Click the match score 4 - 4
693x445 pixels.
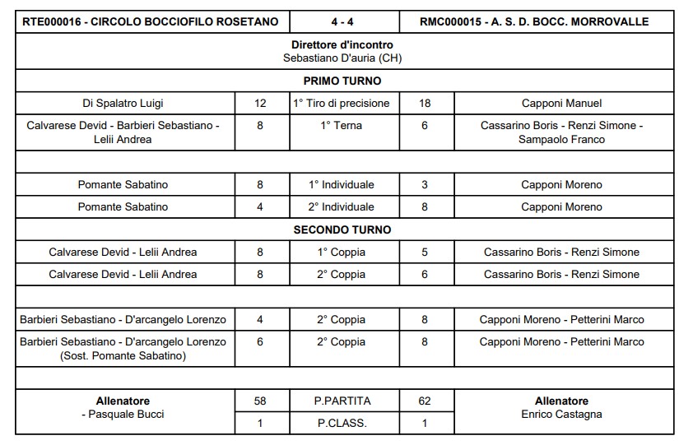point(343,21)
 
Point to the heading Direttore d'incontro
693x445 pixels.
point(342,44)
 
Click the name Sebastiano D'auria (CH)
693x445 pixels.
point(342,58)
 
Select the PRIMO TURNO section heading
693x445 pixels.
point(342,81)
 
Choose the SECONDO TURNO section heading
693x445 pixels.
point(342,229)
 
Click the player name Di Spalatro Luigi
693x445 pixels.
point(123,103)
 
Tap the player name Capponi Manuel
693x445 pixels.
point(562,103)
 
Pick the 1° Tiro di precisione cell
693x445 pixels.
point(342,103)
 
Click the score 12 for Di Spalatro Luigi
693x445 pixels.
point(261,103)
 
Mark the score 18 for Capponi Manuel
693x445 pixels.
point(425,103)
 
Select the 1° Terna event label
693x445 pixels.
point(342,126)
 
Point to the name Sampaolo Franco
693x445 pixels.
point(562,139)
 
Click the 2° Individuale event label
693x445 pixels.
point(342,206)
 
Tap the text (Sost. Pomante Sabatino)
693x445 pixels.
point(123,355)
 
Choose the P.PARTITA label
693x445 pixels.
point(342,401)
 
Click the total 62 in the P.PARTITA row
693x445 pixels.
point(425,401)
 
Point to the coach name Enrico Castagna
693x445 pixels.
point(562,414)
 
